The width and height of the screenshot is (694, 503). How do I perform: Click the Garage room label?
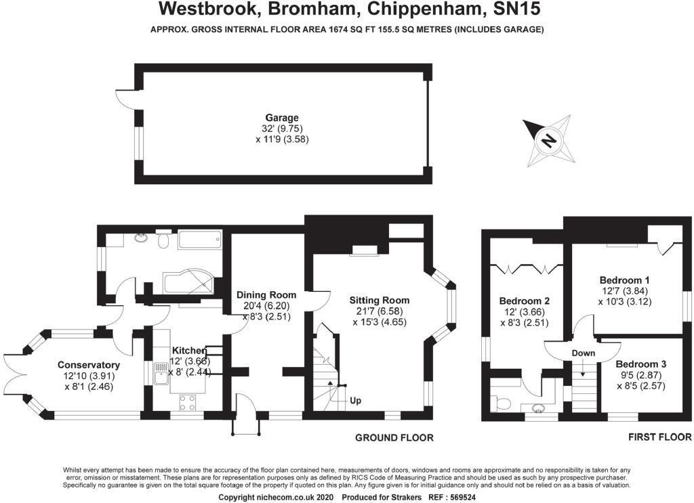point(281,118)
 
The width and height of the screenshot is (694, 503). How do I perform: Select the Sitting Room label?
point(379,300)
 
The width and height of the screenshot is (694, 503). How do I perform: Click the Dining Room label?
point(266,294)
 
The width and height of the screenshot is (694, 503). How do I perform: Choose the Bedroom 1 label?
point(624,280)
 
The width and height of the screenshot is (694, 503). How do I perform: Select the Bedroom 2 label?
point(524,301)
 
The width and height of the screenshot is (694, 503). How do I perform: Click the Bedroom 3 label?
point(640,364)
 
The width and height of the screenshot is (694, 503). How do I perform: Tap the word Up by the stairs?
point(355,401)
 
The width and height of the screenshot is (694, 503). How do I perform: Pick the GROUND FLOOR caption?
point(394,438)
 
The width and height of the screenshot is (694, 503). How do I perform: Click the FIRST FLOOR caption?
point(658,438)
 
